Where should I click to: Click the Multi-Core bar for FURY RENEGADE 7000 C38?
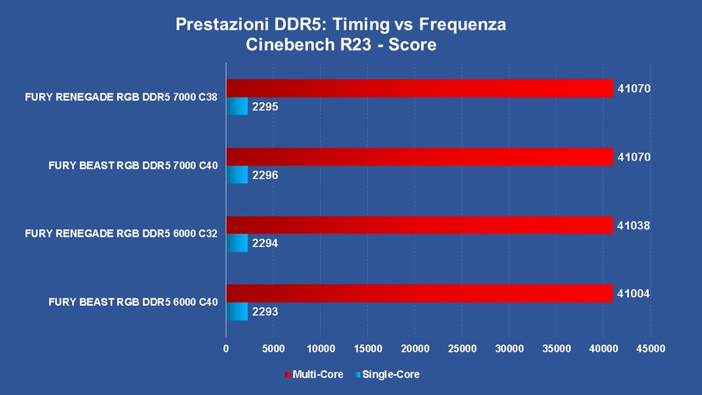pos(419,88)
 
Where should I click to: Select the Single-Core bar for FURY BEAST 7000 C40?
pos(237,175)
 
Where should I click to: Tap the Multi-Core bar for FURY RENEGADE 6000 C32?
pos(419,225)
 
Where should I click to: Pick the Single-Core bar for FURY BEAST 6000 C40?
pos(237,312)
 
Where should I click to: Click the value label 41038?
pos(634,226)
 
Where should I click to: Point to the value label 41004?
pos(634,294)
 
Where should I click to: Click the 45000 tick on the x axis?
pos(650,348)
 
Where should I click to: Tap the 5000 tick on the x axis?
pos(273,348)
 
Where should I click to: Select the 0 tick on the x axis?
pos(226,348)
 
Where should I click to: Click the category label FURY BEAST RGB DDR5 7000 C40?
pos(133,166)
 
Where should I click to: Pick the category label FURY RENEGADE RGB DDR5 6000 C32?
pos(121,234)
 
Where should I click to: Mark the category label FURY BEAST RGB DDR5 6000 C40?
pos(133,302)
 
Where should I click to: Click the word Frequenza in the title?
pos(463,25)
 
